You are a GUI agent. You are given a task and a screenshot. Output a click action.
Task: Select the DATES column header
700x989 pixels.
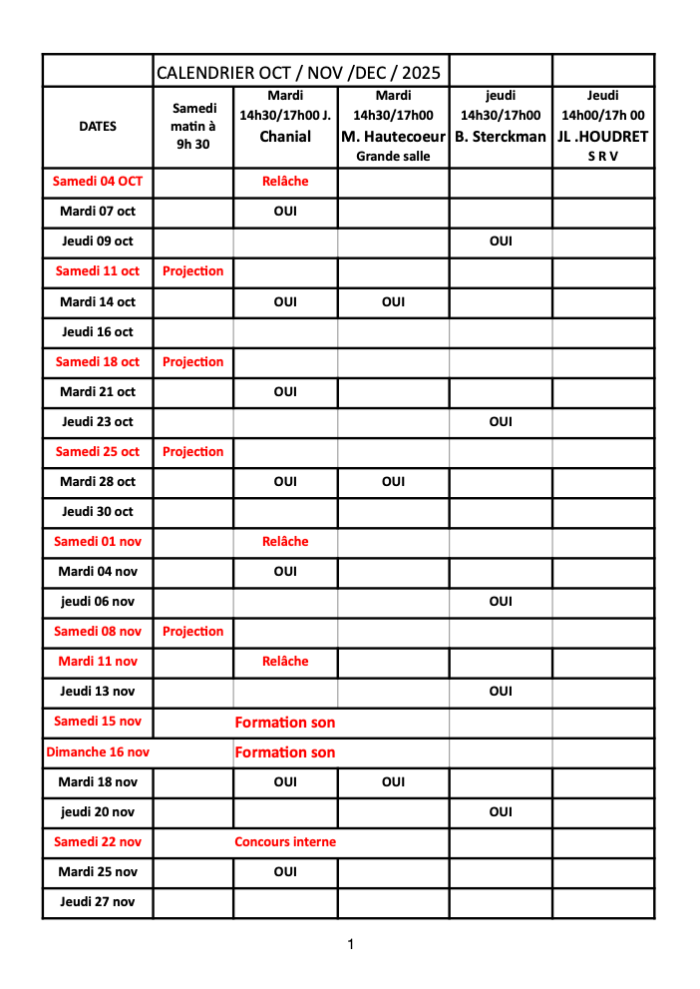click(98, 127)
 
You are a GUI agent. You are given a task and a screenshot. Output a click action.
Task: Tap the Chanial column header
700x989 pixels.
click(285, 137)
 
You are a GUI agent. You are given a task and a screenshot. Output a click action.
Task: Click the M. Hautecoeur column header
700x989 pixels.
click(393, 137)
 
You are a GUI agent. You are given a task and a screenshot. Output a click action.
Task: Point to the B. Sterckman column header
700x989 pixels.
click(501, 137)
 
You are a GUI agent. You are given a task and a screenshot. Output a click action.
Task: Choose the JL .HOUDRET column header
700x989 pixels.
click(603, 137)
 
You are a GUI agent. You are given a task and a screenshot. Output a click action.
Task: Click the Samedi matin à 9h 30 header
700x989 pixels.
click(193, 126)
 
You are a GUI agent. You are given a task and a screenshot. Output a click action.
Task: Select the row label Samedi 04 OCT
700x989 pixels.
click(98, 182)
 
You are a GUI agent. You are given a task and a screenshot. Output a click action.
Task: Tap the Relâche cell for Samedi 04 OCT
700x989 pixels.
click(285, 182)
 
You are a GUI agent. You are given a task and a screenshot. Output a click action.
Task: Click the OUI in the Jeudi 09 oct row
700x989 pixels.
click(501, 242)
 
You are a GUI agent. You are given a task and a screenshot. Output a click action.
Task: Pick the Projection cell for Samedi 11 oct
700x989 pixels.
click(193, 271)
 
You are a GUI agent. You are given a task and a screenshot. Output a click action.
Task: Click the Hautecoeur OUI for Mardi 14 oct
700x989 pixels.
click(393, 301)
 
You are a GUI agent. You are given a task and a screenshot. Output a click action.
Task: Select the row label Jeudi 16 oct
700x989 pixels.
click(98, 331)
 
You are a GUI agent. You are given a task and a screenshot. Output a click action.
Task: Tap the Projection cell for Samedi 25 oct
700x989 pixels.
click(193, 451)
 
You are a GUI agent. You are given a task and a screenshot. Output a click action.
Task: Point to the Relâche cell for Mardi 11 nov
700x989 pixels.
click(285, 661)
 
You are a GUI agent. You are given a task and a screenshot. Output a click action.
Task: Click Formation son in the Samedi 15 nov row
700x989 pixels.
click(285, 722)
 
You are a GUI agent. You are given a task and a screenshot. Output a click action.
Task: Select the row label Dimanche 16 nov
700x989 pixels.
click(98, 751)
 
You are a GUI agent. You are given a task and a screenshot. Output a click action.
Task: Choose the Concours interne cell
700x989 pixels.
click(285, 841)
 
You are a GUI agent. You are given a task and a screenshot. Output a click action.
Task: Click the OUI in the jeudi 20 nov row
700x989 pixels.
click(501, 811)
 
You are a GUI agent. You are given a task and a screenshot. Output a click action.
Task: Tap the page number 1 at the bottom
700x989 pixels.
click(349, 944)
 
